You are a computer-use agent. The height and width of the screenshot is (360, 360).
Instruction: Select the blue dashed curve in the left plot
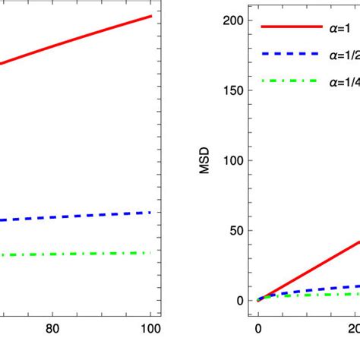[x=76, y=216]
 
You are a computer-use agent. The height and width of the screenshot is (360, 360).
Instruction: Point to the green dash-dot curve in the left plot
[x=76, y=254]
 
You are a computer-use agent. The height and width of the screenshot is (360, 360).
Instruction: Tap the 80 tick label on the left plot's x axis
[x=52, y=328]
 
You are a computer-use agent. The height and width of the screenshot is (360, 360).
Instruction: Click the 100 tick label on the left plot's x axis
[x=151, y=328]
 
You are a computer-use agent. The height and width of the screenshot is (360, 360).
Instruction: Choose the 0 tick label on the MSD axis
[x=241, y=300]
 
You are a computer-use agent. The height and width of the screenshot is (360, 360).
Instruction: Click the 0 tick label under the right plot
[x=258, y=328]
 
